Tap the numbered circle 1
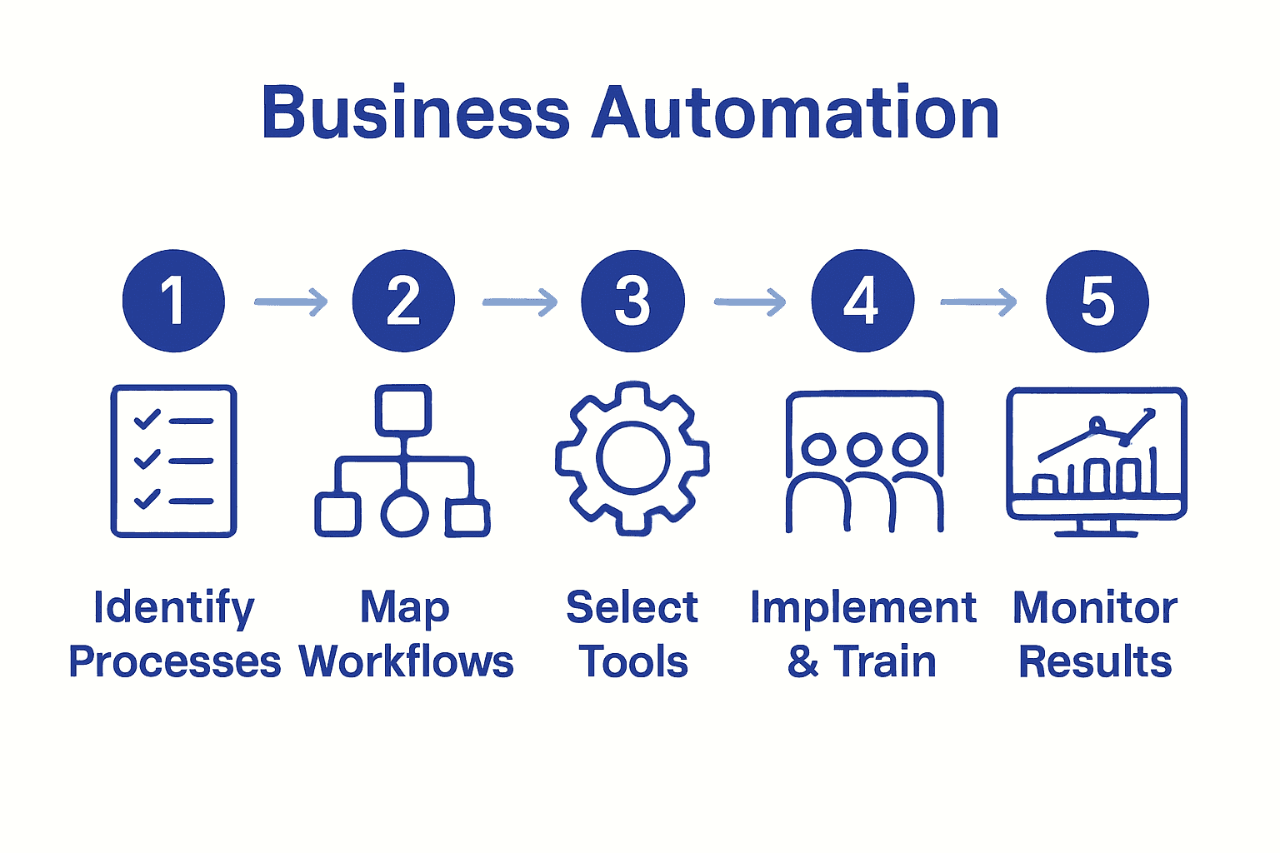click(173, 301)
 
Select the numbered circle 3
click(632, 301)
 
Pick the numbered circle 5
click(1097, 301)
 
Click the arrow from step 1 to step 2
click(290, 302)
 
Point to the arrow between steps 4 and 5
click(978, 302)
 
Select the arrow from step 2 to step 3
click(520, 302)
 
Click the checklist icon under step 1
click(173, 461)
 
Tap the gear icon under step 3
click(632, 458)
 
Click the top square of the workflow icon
click(403, 410)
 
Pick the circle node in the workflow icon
click(404, 514)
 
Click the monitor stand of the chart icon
click(1096, 528)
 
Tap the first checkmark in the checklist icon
click(147, 419)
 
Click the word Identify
click(173, 608)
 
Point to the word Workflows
click(406, 662)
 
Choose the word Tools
click(633, 662)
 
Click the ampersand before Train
click(802, 662)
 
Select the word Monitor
click(1095, 608)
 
